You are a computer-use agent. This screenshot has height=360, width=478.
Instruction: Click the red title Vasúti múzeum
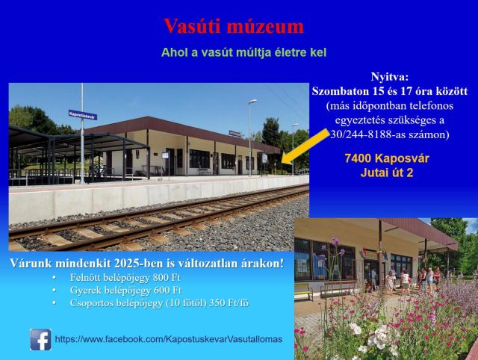[234, 26]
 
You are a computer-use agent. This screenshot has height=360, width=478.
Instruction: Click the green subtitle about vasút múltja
[243, 52]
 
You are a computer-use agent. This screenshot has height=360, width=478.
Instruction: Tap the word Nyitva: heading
[389, 77]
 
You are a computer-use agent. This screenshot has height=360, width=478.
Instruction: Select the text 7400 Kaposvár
[387, 158]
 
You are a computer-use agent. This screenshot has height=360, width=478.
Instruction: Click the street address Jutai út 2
[387, 173]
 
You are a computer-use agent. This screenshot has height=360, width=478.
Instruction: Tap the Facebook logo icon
[40, 340]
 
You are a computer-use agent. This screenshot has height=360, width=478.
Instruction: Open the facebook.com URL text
[169, 339]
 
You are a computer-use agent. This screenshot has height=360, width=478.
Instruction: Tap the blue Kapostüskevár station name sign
[83, 114]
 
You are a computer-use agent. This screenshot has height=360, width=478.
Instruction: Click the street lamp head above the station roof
[252, 101]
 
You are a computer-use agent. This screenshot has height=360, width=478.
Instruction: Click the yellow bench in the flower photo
[303, 291]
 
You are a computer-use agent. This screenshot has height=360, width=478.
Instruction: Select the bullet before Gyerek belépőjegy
[54, 291]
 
